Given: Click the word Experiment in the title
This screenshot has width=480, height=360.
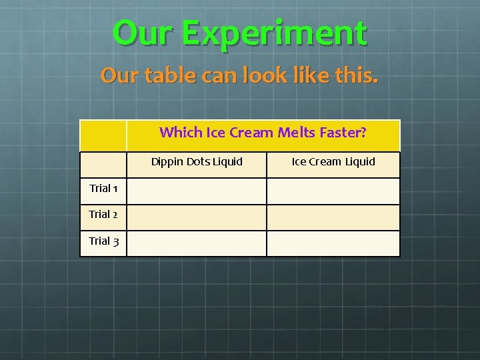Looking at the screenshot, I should tap(274, 33).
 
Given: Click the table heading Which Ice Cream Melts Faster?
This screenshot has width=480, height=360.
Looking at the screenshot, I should tap(263, 133).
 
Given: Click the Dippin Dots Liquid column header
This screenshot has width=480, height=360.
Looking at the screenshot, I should tap(197, 162).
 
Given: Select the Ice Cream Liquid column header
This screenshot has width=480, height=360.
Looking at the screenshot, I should tap(333, 162).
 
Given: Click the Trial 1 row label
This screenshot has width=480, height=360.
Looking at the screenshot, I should tap(103, 189).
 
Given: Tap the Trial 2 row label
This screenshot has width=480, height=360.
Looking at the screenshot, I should tap(103, 215).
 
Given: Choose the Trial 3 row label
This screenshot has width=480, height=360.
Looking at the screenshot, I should tap(103, 241).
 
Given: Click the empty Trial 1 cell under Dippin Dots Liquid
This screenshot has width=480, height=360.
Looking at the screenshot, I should tap(197, 191).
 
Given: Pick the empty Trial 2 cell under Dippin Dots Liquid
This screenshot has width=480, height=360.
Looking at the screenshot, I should tap(197, 217).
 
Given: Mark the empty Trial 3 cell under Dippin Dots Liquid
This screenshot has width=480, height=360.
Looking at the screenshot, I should tap(197, 243).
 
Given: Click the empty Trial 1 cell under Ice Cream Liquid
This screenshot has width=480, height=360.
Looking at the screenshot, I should tap(333, 191).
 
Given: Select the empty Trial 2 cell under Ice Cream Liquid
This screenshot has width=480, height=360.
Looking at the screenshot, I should tap(333, 217).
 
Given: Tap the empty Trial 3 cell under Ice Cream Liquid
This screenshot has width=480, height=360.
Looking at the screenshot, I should tap(333, 243).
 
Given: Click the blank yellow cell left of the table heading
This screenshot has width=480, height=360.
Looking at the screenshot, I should tap(103, 136).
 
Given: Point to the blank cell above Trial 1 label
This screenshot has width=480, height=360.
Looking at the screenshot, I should tap(103, 165).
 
